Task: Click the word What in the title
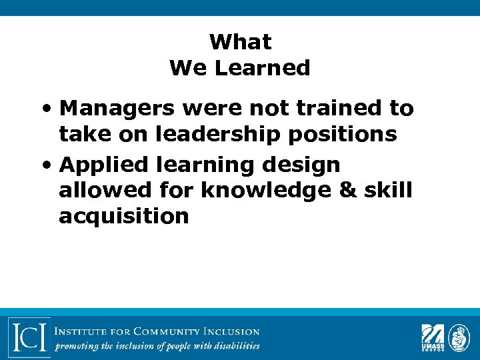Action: coord(240,42)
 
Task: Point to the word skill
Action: coord(389,190)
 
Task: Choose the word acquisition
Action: coord(124,217)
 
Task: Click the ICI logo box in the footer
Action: coord(29,337)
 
